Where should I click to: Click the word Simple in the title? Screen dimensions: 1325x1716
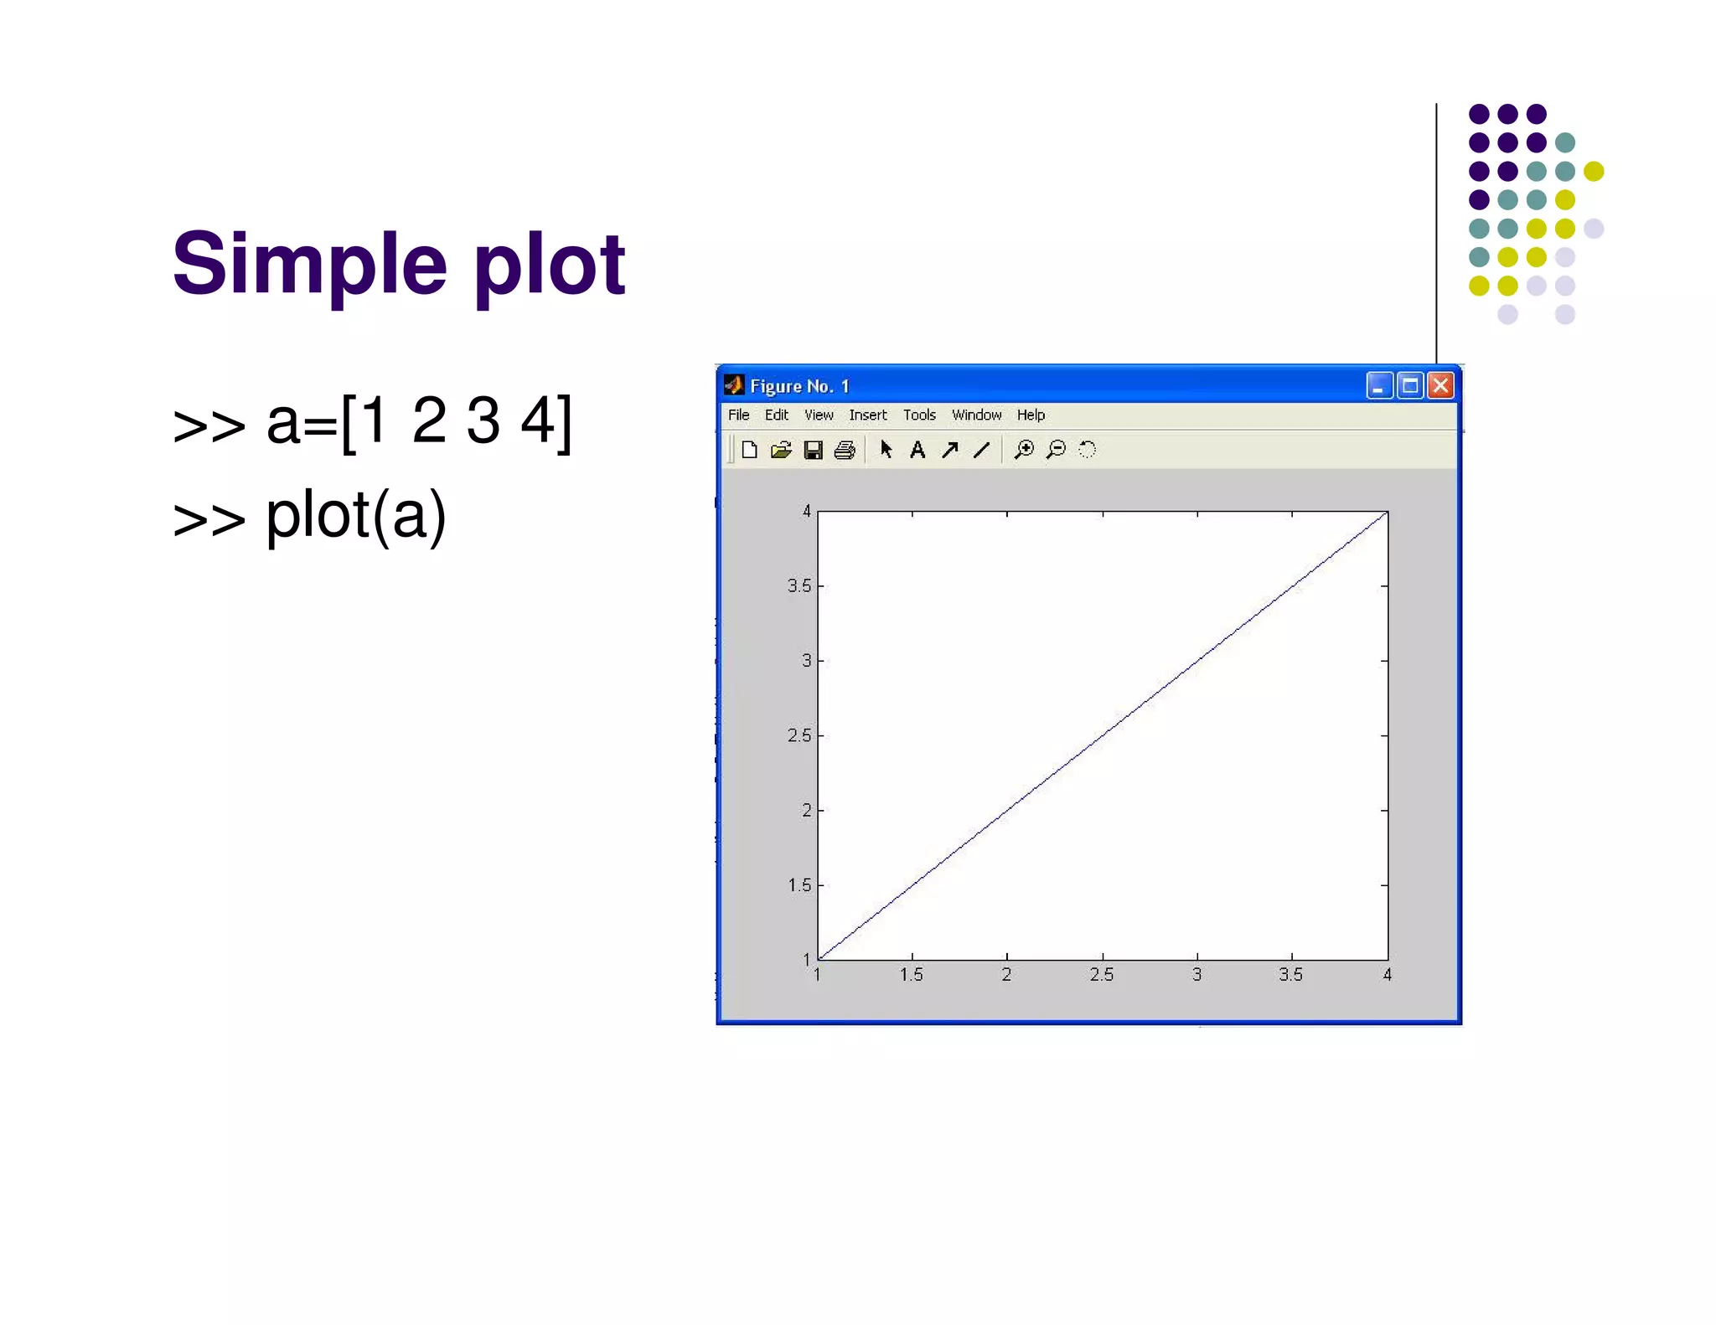[x=310, y=265]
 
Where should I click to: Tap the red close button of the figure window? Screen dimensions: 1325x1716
[x=1440, y=385]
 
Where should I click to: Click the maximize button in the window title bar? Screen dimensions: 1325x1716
[x=1410, y=385]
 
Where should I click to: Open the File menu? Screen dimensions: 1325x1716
[x=738, y=415]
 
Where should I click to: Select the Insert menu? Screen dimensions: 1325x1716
[x=867, y=415]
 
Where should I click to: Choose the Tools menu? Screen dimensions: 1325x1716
[x=919, y=415]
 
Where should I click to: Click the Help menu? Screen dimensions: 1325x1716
[x=1031, y=415]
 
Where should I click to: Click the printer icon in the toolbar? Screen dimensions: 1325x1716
[x=845, y=451]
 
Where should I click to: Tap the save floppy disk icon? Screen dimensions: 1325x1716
[x=813, y=451]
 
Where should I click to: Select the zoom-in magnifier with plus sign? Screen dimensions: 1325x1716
[x=1023, y=451]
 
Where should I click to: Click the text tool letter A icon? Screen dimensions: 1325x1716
[x=917, y=451]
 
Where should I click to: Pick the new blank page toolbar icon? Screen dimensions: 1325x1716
[x=749, y=451]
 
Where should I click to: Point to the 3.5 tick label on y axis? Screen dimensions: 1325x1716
[x=799, y=585]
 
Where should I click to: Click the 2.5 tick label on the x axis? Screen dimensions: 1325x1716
[x=1102, y=975]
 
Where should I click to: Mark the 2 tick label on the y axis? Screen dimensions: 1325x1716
[x=807, y=810]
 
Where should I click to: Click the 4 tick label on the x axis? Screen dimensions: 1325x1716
[x=1388, y=975]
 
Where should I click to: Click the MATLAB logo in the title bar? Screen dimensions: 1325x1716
[x=734, y=385]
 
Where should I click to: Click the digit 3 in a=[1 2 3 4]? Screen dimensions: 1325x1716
[x=483, y=421]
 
